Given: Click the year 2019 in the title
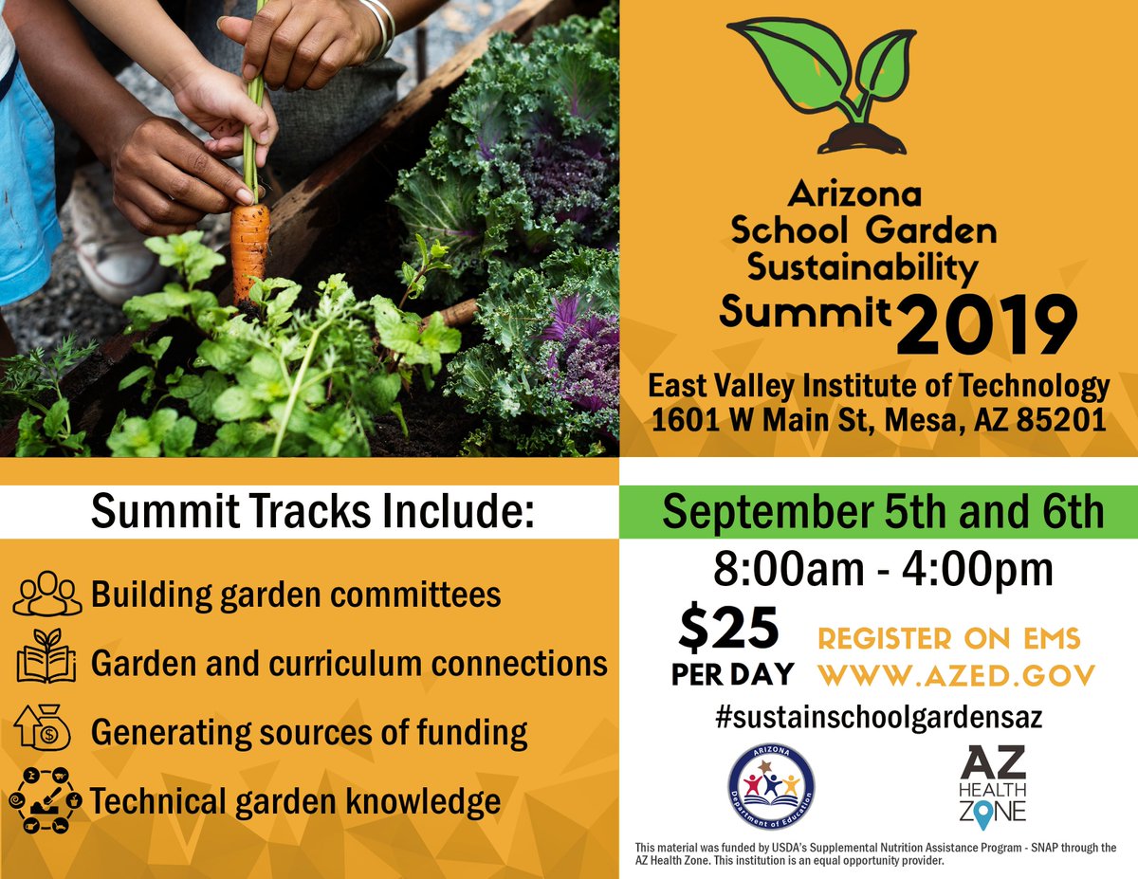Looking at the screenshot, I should tap(986, 326).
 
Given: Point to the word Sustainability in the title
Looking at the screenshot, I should tap(862, 268).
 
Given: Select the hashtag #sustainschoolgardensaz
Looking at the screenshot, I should tap(879, 717).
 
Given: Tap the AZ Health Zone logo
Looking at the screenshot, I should tap(992, 784).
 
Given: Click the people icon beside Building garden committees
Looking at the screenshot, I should tap(46, 594).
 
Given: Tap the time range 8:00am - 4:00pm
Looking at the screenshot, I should tap(883, 570).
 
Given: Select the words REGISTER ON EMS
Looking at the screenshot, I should tap(949, 638).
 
